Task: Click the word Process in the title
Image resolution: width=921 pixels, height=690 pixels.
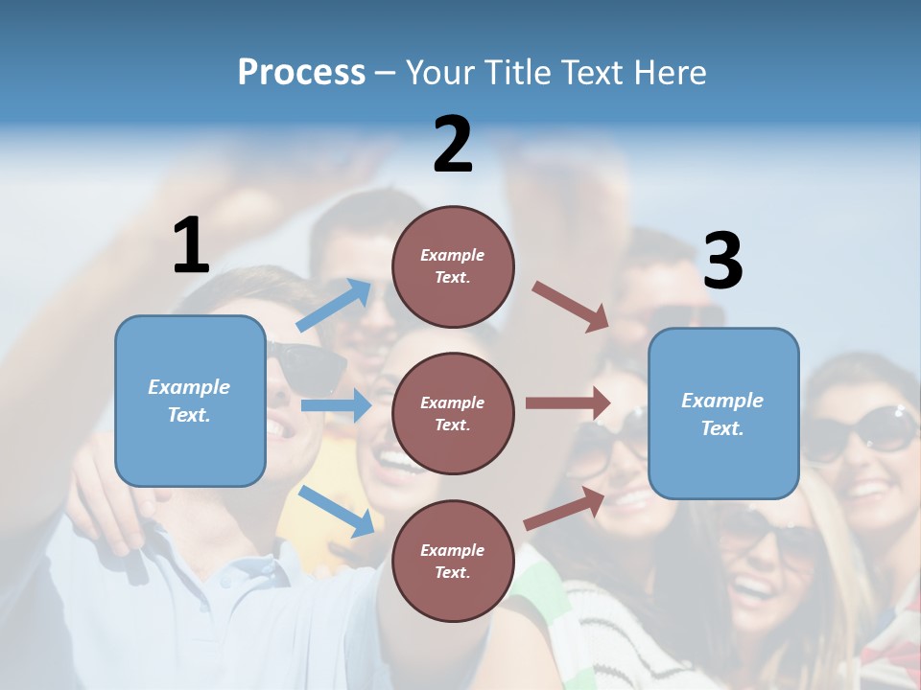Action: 301,72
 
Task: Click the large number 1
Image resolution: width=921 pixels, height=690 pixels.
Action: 191,245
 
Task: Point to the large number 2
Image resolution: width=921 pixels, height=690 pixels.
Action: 453,145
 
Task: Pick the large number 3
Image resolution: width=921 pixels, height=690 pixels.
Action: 722,261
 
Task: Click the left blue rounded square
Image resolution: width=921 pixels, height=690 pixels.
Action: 190,401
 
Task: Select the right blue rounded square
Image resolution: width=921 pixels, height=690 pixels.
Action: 723,414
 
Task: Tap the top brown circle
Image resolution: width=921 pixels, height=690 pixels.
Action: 453,266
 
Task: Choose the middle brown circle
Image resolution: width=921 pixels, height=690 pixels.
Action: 453,413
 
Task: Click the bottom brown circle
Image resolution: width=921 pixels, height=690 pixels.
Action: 453,561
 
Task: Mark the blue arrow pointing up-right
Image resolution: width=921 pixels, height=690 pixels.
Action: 335,305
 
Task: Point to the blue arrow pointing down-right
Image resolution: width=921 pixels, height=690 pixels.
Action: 336,510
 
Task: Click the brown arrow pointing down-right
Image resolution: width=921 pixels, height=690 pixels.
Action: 570,306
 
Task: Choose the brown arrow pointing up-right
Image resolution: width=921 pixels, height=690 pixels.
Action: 564,508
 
